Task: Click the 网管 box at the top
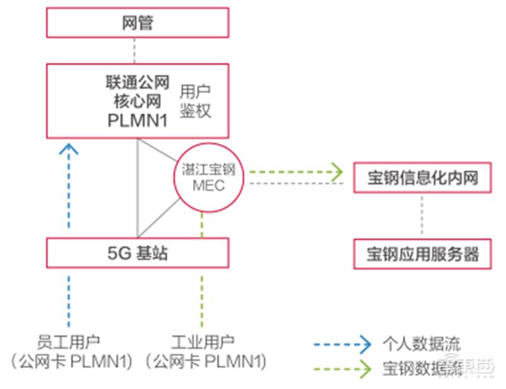coord(137,24)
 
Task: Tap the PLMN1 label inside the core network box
coord(137,120)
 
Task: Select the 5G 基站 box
coord(137,253)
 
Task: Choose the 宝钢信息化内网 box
coord(422,178)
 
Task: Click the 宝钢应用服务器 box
coord(422,254)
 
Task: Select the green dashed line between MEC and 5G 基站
coord(202,225)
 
